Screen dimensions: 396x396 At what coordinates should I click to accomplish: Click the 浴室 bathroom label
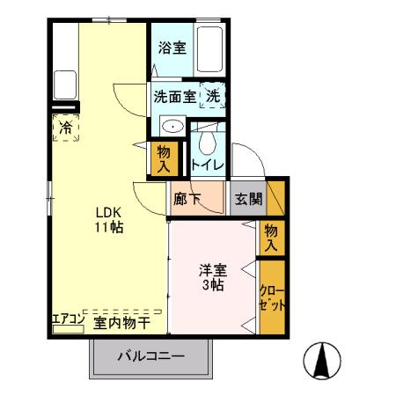point(172,49)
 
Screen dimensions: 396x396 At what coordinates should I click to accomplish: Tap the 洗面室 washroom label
point(174,96)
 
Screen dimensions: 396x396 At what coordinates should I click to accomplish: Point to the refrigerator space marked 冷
point(67,128)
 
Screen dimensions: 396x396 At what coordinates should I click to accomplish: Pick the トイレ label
point(209,165)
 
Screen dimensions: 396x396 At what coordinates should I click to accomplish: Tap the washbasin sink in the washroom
point(173,127)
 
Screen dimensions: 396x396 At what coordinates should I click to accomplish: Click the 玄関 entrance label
point(247,199)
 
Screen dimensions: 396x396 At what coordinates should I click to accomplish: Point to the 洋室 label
point(211,270)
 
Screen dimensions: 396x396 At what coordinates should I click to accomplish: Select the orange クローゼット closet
point(272,297)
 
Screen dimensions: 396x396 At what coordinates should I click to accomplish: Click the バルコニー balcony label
point(152,358)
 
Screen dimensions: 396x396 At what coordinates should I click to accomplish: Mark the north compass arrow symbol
point(322,361)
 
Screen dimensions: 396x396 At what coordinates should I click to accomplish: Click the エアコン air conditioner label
point(67,319)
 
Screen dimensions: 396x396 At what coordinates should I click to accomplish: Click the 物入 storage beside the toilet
point(164,158)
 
